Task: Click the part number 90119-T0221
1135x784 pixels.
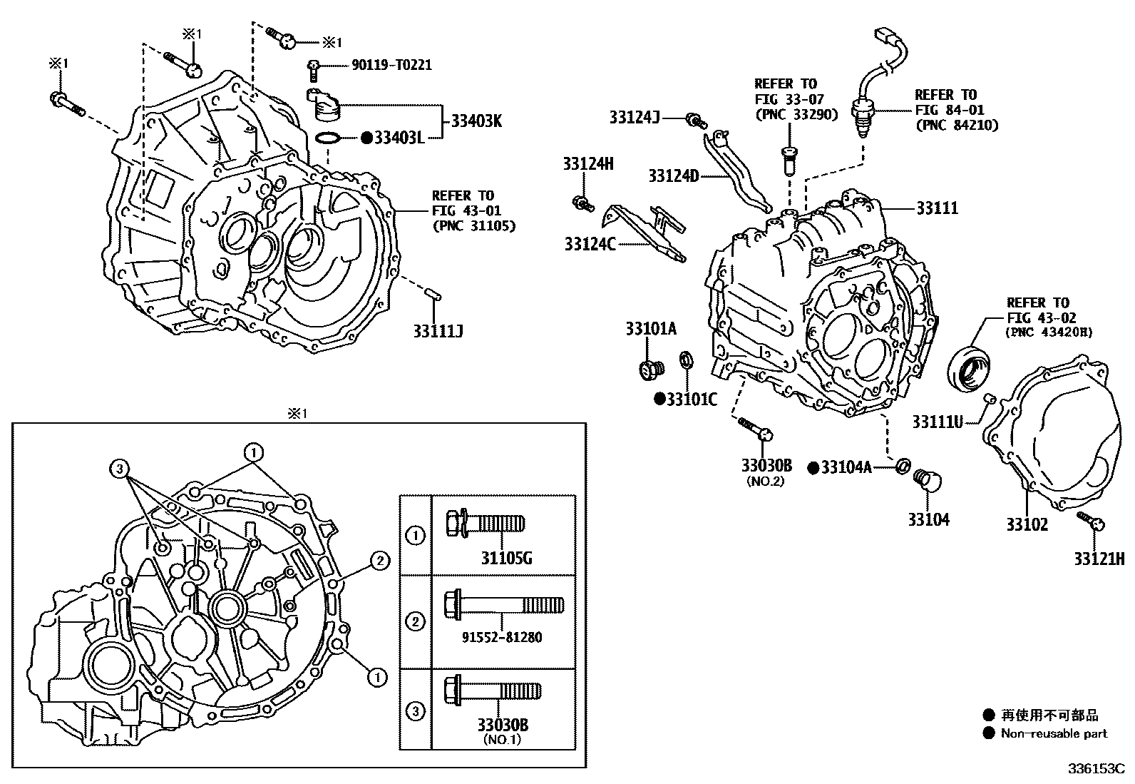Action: (391, 65)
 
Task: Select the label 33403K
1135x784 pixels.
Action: (476, 121)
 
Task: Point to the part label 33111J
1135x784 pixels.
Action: (438, 330)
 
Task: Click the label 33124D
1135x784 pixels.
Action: (674, 175)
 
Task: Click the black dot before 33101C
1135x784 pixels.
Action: (659, 399)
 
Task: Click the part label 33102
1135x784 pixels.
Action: (1027, 524)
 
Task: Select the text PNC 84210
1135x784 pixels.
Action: (955, 126)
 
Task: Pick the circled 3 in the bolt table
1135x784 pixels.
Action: (416, 711)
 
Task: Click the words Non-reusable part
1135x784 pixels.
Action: (1054, 733)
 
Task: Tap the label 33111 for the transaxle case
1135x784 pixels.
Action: (937, 208)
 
